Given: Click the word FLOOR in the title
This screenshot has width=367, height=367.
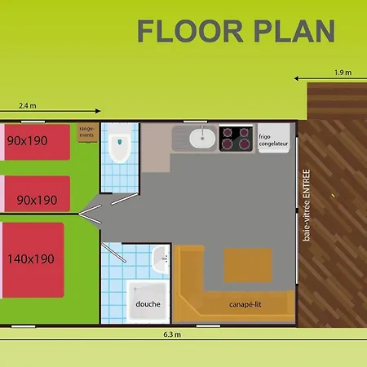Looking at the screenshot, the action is tap(190, 31).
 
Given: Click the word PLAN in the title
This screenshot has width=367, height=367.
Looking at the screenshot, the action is tap(294, 31).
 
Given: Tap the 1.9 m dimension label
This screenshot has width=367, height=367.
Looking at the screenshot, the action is tap(343, 73).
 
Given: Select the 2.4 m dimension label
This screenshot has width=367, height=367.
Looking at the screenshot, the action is tap(28, 105).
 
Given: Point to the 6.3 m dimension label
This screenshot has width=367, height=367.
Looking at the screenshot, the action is tap(172, 334).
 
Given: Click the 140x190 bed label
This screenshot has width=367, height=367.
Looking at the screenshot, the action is tap(31, 259).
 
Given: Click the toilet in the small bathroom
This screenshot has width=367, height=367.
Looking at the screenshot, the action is tap(120, 144).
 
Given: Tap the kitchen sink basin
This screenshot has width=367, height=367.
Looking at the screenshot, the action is tap(202, 138).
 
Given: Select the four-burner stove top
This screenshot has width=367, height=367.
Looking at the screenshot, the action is tap(236, 139).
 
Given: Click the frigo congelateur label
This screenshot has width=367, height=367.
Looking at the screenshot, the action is tap(273, 140).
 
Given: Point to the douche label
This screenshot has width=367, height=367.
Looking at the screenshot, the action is tap(148, 303).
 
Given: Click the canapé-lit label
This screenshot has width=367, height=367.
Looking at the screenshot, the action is tap(245, 304).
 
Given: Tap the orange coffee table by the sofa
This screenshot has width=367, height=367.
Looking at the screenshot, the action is tap(248, 265).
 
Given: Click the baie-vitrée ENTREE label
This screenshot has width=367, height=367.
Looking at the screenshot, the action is tap(307, 205).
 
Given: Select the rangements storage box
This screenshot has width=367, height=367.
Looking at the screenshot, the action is tap(87, 132).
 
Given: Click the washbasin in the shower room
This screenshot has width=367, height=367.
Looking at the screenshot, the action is tap(161, 259).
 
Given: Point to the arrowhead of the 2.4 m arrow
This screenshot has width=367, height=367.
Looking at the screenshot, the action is tap(98, 111).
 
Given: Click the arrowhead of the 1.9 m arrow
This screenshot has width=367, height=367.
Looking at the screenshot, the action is tap(297, 78).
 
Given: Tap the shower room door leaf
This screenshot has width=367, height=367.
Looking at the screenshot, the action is tap(113, 253).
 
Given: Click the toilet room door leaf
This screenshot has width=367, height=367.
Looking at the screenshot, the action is tap(125, 199).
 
